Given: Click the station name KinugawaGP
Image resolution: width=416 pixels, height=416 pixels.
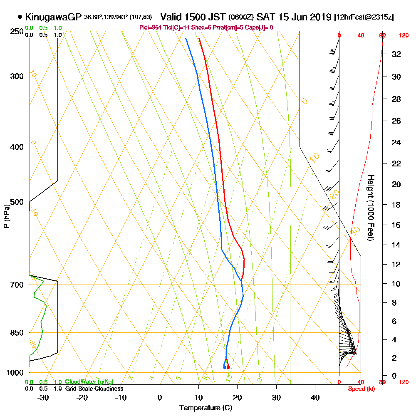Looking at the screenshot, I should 53,17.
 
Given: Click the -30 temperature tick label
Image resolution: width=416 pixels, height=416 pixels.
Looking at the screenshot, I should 43,397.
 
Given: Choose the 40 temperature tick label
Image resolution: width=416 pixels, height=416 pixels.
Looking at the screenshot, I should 315,397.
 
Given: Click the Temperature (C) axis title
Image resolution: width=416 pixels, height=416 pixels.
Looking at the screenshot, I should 206,408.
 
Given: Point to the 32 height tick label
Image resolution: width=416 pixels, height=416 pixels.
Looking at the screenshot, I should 396,54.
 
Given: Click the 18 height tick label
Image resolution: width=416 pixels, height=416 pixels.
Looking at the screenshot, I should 396,205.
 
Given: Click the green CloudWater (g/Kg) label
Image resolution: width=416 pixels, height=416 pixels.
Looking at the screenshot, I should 89,382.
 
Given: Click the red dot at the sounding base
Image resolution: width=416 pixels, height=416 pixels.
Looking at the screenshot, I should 228,367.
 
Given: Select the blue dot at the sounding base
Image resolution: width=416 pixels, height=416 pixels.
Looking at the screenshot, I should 225,367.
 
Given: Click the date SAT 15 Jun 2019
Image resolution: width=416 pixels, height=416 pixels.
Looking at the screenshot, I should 294,17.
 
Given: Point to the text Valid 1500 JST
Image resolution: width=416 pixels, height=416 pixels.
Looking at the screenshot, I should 193,17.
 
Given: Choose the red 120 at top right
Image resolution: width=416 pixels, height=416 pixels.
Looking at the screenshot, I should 403,36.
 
